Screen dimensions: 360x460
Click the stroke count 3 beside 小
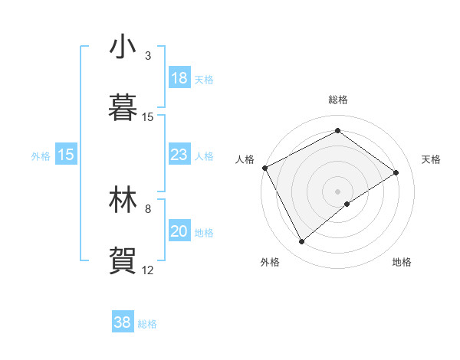pyautogui.click(x=148, y=56)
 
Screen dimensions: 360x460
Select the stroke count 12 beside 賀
pyautogui.click(x=148, y=270)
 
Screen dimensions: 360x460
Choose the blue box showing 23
pyautogui.click(x=179, y=155)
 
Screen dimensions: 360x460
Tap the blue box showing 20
pyautogui.click(x=179, y=231)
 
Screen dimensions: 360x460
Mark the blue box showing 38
pyautogui.click(x=122, y=322)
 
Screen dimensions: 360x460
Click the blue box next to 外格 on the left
pyautogui.click(x=65, y=155)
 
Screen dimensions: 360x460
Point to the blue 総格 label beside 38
pyautogui.click(x=147, y=324)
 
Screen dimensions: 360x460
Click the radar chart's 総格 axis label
pyautogui.click(x=338, y=100)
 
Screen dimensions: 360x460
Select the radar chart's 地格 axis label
pyautogui.click(x=402, y=262)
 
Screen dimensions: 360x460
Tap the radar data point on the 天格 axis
pyautogui.click(x=396, y=172)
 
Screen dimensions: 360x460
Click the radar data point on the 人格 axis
pyautogui.click(x=264, y=168)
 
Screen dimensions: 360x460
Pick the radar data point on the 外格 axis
pyautogui.click(x=302, y=242)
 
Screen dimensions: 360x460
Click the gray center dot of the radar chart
pyautogui.click(x=338, y=191)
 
